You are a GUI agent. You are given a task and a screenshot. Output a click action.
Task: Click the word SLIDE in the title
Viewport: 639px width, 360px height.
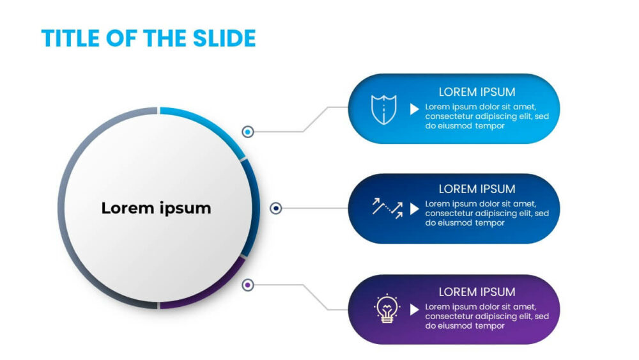224,38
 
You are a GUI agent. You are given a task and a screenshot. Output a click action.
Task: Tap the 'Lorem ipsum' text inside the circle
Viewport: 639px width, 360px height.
156,208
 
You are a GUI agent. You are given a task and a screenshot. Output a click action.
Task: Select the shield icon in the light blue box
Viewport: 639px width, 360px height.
383,109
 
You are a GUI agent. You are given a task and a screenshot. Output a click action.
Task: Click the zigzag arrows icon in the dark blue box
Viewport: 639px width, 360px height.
387,208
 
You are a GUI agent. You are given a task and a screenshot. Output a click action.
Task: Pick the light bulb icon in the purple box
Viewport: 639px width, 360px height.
387,309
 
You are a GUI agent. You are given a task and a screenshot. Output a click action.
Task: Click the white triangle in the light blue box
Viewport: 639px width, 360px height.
415,109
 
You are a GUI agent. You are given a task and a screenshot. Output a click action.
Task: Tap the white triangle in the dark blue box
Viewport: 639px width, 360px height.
415,208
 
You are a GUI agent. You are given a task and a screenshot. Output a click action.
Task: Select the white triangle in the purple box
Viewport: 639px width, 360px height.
415,309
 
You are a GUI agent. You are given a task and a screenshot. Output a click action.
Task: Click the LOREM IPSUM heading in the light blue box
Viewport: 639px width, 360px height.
477,92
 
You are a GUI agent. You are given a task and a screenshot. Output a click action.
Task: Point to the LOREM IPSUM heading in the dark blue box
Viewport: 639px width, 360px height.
477,189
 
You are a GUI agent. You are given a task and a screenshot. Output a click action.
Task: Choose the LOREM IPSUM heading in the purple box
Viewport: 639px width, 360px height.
477,292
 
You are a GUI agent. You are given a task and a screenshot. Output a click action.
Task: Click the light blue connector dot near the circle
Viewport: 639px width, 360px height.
248,132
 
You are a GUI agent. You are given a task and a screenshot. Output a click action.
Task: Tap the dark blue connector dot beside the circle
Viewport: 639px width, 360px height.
276,208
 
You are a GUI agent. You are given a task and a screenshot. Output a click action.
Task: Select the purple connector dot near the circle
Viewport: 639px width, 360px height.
248,285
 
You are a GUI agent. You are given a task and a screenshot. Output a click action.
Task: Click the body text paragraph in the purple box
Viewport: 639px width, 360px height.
487,317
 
